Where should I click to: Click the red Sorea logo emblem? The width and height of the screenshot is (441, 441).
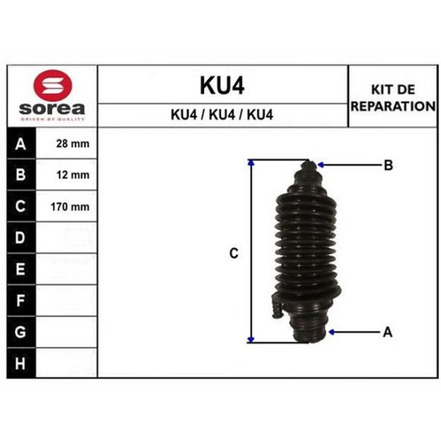pos(52,85)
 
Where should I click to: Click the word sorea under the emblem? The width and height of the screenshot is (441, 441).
pos(52,109)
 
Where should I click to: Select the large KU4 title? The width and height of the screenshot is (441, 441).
pos(222,85)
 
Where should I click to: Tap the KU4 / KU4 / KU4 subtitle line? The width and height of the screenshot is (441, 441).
pos(222,115)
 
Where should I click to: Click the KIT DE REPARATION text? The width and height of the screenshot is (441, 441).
pos(393,98)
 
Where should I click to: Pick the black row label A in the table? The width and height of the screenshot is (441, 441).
pos(20,144)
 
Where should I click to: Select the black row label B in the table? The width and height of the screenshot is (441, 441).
pos(20,175)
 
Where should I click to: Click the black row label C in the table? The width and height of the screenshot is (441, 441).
pos(20,206)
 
